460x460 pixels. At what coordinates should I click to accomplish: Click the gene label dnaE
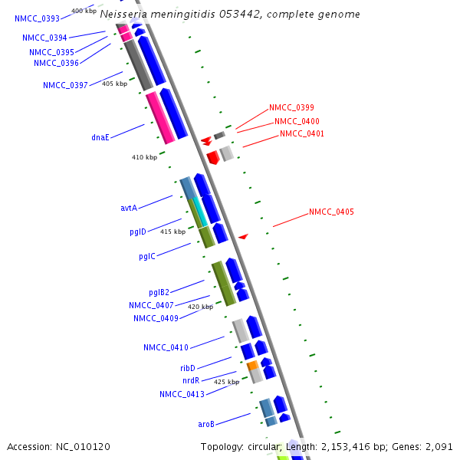pyautogui.click(x=100, y=137)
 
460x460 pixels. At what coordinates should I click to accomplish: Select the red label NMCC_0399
pyautogui.click(x=291, y=108)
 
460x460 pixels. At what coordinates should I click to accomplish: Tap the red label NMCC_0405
pyautogui.click(x=331, y=212)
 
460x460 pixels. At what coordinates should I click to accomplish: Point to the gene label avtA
pyautogui.click(x=129, y=208)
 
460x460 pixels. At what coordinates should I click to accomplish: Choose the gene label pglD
pyautogui.click(x=137, y=232)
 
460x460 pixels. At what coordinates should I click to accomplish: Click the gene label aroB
pyautogui.click(x=206, y=424)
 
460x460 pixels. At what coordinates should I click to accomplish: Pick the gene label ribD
pyautogui.click(x=188, y=368)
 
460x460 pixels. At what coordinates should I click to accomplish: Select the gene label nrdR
pyautogui.click(x=191, y=380)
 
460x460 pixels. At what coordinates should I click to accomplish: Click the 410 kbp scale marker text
pyautogui.click(x=144, y=157)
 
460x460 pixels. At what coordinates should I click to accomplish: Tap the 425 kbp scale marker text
pyautogui.click(x=226, y=382)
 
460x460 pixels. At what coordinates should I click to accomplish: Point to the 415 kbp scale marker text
pyautogui.click(x=172, y=232)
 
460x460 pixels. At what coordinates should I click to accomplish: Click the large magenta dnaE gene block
pyautogui.click(x=159, y=117)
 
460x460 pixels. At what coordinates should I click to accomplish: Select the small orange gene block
pyautogui.click(x=251, y=366)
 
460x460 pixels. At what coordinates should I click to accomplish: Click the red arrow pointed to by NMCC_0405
pyautogui.click(x=243, y=237)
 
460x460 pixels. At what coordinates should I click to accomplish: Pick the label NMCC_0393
pyautogui.click(x=37, y=18)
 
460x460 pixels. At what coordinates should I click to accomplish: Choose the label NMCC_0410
pyautogui.click(x=166, y=347)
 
